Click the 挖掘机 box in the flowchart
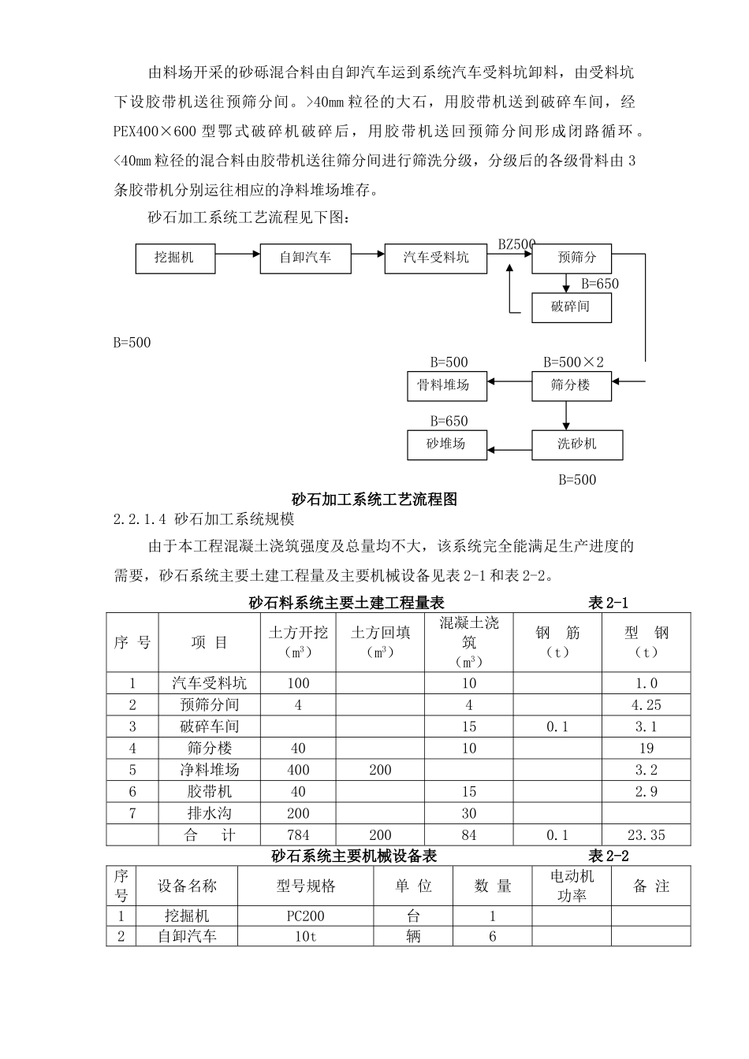(175, 258)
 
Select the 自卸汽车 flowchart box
(305, 258)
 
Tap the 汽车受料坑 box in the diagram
(435, 258)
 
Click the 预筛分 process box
(571, 258)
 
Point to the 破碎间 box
(571, 307)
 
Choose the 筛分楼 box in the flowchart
(571, 385)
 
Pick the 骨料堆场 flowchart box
(446, 385)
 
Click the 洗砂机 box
(577, 444)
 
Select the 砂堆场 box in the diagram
(446, 444)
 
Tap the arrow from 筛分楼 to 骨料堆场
(509, 382)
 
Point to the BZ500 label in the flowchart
(516, 244)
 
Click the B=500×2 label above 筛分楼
(573, 362)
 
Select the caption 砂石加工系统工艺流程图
(374, 499)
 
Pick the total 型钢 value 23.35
(646, 835)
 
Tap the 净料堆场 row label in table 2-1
(209, 770)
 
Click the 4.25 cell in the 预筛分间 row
(646, 705)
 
